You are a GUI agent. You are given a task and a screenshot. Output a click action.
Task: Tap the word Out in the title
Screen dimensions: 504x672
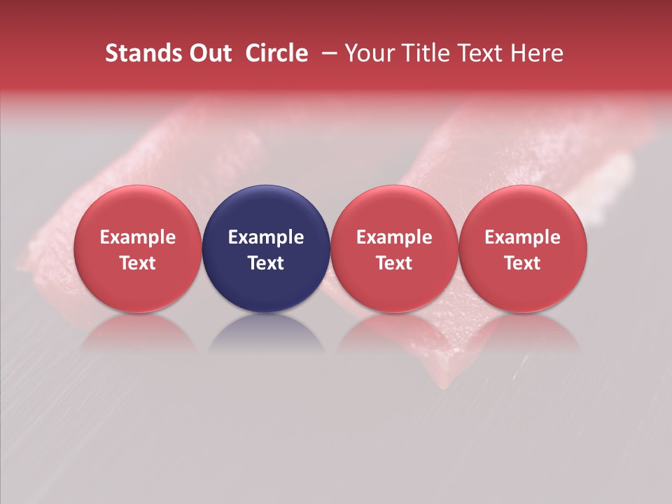point(211,53)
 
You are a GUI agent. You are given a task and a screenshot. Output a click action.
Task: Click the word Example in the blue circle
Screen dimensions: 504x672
point(266,237)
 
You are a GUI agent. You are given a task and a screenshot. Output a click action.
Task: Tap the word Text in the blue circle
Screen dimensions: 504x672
point(266,263)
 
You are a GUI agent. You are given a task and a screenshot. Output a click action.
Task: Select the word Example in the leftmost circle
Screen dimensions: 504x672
point(138,237)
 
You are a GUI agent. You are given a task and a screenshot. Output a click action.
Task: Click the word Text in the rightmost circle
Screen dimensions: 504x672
point(522,263)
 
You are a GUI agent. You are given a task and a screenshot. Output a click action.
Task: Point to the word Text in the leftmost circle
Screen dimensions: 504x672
point(138,263)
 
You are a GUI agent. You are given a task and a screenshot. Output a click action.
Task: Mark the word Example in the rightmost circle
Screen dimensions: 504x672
point(522,237)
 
